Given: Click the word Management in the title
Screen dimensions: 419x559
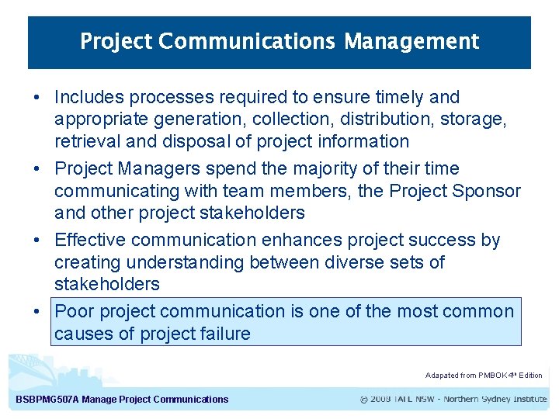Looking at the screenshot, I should coord(411,41).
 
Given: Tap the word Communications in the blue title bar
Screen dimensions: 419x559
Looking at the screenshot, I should coord(248,41).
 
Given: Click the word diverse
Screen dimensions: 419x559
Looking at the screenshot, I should coord(371,262).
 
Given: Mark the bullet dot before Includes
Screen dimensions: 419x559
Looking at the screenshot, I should coord(36,99).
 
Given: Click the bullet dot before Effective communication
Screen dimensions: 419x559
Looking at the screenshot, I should coord(36,241).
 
